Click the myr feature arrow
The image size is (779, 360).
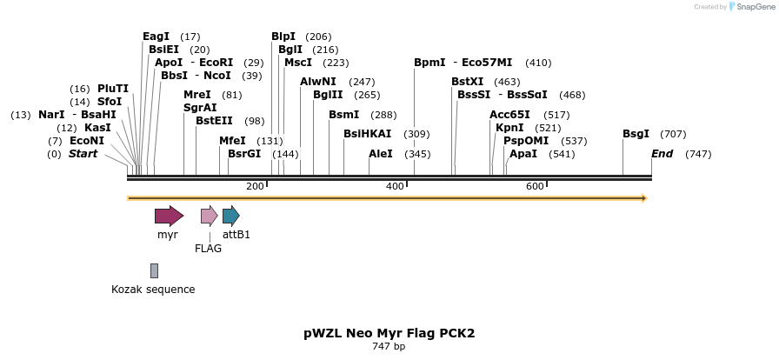pos(169,216)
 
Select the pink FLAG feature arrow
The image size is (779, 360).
pos(209,216)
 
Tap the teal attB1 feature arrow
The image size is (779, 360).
pos(230,216)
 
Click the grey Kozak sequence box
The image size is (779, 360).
pos(154,270)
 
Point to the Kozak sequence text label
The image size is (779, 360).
pos(153,290)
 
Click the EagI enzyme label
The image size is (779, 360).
pos(156,37)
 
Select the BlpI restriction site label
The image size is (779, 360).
pos(283,37)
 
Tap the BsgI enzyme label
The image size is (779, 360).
pos(636,134)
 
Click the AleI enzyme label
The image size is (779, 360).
pos(381,154)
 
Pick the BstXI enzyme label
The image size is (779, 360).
pos(468,82)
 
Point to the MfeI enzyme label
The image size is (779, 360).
pos(232,141)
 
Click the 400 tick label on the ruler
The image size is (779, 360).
pos(395,186)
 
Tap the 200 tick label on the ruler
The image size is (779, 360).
pos(255,186)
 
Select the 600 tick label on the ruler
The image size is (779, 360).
pos(535,186)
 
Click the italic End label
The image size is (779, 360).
pos(662,154)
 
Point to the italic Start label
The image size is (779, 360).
pos(83,154)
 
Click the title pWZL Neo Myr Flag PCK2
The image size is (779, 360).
pos(389,333)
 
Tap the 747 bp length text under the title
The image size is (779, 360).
pos(389,346)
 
